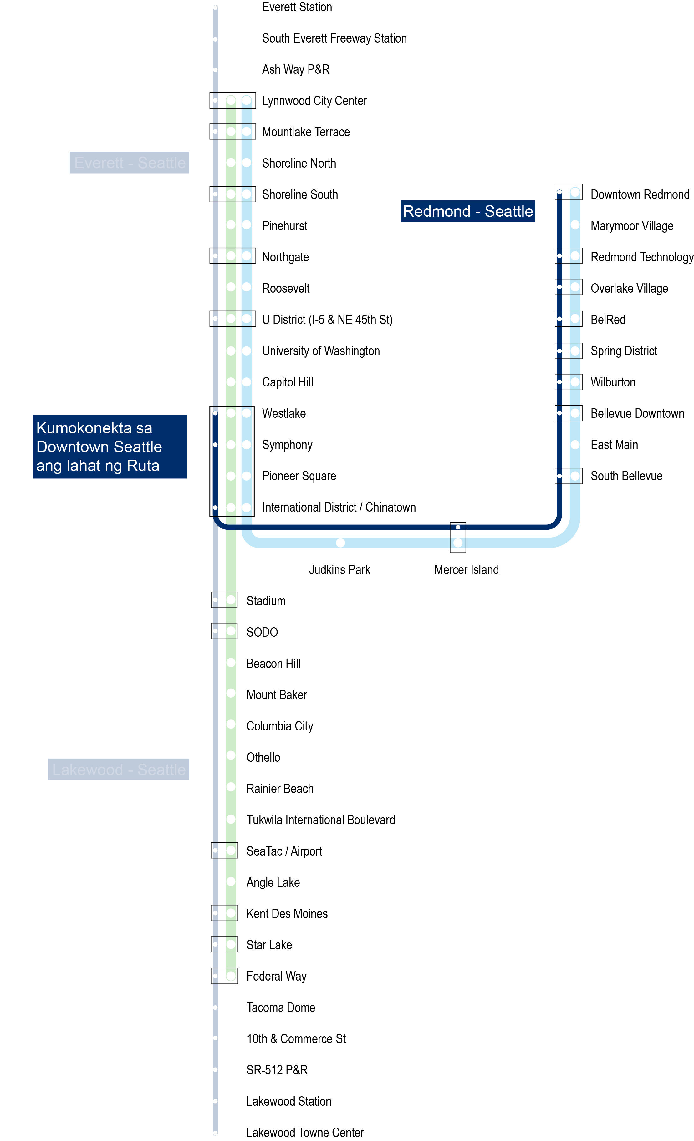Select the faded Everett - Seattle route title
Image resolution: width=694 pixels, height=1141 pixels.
(129, 163)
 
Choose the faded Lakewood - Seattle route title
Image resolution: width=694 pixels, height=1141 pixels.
(118, 769)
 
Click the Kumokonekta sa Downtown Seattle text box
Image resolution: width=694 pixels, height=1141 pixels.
(110, 447)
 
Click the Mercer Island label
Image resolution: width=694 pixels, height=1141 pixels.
(466, 570)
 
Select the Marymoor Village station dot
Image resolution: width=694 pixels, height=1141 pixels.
(575, 225)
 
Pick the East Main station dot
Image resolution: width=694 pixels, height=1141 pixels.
(575, 445)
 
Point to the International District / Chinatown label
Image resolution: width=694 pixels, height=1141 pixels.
(339, 507)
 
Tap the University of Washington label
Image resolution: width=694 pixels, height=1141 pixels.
(321, 351)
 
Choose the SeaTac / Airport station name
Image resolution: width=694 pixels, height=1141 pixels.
(284, 851)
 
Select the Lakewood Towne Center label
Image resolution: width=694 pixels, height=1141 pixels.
(305, 1132)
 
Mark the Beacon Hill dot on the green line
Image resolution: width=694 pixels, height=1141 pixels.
(231, 663)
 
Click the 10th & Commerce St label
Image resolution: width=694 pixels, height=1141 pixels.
(296, 1039)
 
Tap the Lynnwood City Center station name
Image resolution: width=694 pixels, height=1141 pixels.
(314, 101)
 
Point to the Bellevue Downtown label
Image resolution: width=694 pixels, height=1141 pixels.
(637, 413)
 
